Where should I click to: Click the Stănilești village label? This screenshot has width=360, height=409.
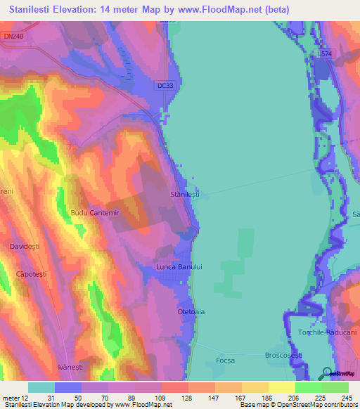(x=185, y=194)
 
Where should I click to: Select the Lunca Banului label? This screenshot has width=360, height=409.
(x=179, y=267)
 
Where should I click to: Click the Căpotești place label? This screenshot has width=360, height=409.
(x=31, y=274)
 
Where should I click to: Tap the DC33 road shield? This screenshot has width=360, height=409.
(x=165, y=85)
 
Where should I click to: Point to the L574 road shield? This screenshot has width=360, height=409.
(x=324, y=53)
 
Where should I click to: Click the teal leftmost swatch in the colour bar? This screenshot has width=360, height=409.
(x=41, y=387)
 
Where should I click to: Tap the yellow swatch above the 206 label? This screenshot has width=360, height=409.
(x=281, y=387)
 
